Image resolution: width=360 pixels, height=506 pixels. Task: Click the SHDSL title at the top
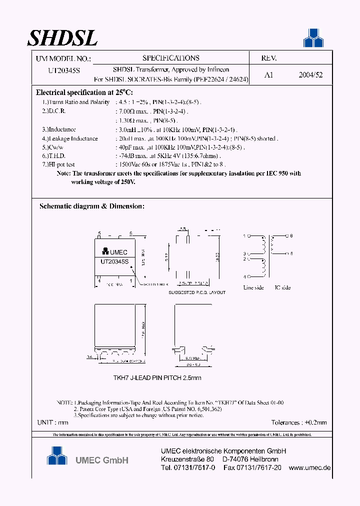[62, 37]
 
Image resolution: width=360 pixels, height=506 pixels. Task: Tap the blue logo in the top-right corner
[313, 38]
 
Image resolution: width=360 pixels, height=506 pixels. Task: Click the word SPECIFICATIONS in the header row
[170, 58]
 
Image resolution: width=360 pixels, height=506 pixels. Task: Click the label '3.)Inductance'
[59, 129]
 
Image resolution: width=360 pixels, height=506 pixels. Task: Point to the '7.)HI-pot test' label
[59, 164]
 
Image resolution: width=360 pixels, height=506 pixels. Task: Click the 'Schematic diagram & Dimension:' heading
[91, 206]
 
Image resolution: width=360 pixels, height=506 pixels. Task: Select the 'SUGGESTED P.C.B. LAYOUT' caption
[196, 292]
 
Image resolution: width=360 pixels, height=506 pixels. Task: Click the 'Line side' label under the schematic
[253, 287]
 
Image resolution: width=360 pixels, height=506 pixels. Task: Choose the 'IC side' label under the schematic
[282, 287]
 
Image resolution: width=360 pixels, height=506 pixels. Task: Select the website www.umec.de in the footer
[310, 468]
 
